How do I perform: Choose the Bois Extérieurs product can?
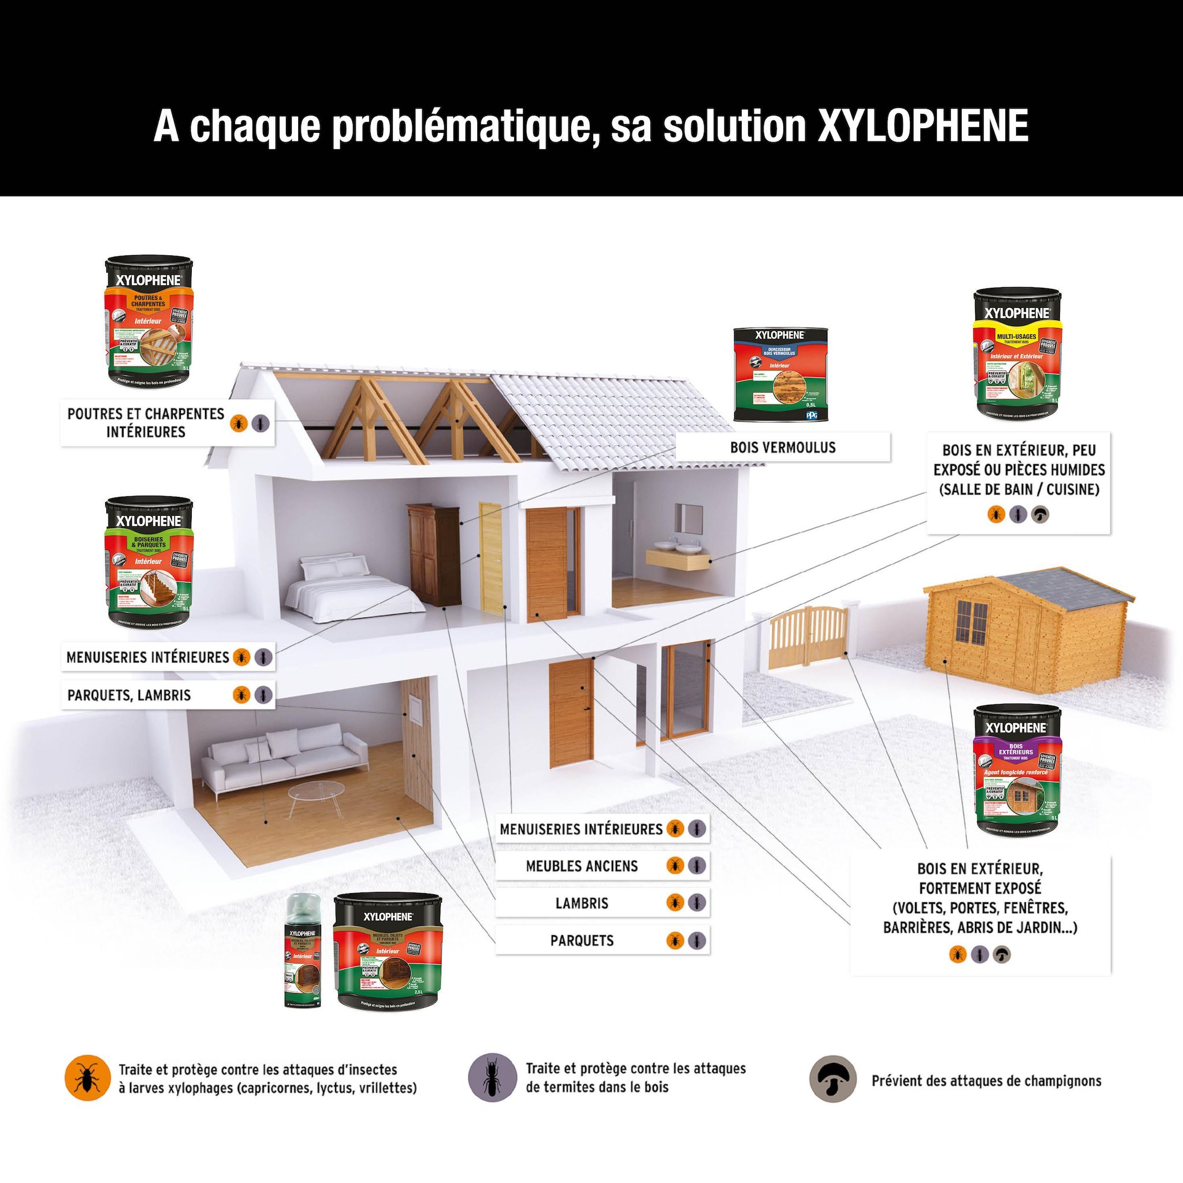(1017, 771)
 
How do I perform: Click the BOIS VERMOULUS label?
(783, 448)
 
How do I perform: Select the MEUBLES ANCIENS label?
(582, 866)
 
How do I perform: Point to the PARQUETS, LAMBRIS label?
(129, 695)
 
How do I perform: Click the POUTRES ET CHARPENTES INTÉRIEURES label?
(146, 422)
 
